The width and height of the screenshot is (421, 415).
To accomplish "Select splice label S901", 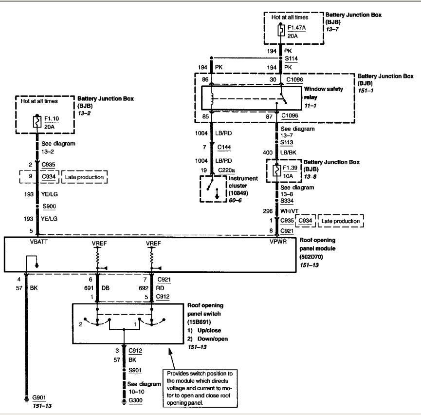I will click(135, 370).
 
